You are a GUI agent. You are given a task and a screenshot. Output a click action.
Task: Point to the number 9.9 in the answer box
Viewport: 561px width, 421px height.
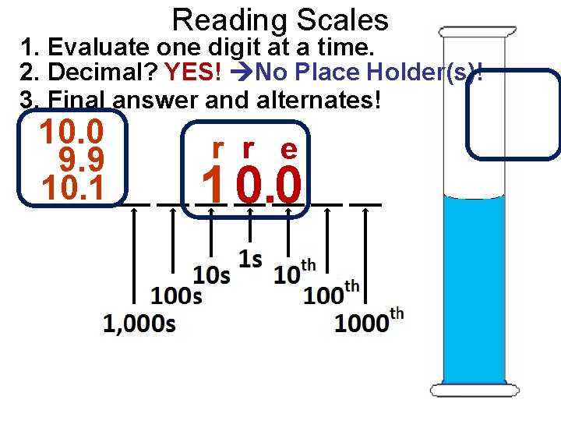point(82,161)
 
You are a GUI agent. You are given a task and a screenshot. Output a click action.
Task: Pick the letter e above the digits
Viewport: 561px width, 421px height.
point(288,149)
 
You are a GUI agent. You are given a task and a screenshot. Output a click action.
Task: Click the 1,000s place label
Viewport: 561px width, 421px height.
point(139,323)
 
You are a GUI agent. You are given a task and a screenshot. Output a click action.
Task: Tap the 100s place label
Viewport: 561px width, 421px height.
point(177,296)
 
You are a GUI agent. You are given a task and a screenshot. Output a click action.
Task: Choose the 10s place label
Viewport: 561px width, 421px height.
point(212,274)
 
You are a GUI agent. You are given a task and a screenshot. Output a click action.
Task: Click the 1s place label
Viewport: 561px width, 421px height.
point(250,259)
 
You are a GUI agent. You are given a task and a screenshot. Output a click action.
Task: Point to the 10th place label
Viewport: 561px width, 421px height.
point(295,273)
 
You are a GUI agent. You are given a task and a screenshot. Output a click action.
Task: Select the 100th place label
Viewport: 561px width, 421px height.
point(331,293)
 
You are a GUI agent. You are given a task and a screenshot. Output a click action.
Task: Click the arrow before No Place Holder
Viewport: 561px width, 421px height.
point(243,74)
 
